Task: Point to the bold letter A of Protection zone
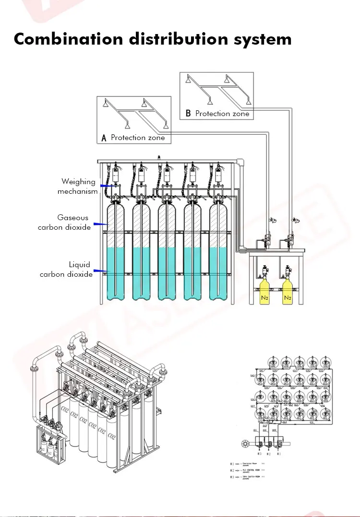click(103, 138)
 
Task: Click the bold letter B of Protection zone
click(188, 114)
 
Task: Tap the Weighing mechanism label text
click(78, 187)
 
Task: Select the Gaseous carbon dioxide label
click(64, 223)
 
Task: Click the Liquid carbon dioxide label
click(66, 270)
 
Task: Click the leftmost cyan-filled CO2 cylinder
click(115, 273)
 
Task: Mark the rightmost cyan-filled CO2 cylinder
click(218, 273)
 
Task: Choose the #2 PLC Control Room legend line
click(250, 471)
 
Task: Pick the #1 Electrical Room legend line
click(250, 464)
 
